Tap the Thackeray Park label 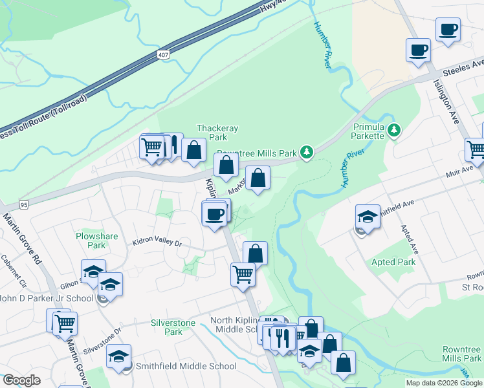click(x=212, y=132)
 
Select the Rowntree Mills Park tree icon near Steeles click(x=307, y=153)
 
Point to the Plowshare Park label click(x=96, y=241)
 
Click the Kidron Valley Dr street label click(x=157, y=243)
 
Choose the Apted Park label click(x=393, y=262)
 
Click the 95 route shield click(x=24, y=205)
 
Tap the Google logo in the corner click(x=21, y=380)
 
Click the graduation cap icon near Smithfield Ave click(x=368, y=217)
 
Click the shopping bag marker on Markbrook click(x=258, y=178)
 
